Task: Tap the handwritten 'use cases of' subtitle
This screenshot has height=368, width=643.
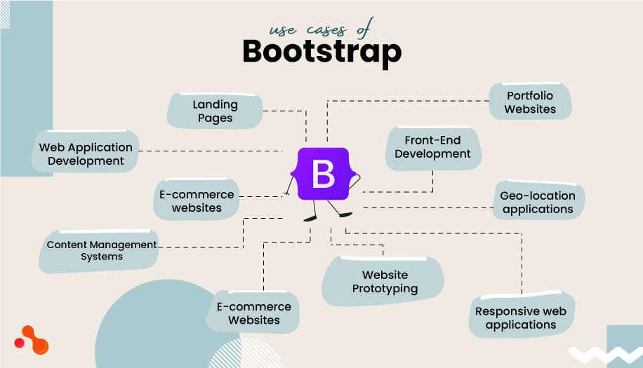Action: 321,29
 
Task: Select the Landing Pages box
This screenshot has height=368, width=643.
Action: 215,111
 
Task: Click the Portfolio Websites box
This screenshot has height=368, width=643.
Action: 530,102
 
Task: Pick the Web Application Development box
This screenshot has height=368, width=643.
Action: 86,154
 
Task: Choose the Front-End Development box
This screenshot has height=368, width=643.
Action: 432,147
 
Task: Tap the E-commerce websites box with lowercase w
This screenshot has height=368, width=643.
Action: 197,200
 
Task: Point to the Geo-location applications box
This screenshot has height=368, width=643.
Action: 538,202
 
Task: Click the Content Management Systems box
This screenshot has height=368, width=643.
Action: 101,251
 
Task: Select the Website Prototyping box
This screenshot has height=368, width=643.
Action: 385,282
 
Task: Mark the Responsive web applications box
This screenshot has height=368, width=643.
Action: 521,318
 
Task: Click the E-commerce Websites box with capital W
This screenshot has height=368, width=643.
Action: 253,313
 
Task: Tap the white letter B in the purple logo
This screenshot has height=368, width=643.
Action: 323,175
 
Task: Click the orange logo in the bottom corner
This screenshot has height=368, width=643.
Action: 32,340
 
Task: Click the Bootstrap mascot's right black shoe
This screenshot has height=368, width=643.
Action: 345,214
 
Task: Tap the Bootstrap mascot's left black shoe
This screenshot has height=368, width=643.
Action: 310,219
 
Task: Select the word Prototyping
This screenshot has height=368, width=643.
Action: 385,289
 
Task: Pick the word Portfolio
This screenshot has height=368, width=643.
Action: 530,95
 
